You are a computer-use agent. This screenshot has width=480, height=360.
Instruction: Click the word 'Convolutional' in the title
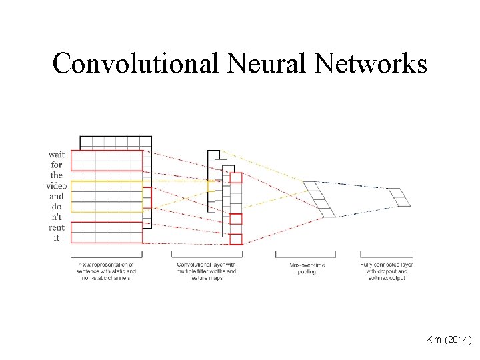pos(135,63)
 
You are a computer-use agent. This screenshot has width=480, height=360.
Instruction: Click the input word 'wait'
pos(57,155)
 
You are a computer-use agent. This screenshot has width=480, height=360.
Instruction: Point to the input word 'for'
pos(57,165)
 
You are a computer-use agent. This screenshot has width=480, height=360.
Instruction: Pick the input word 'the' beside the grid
pos(57,175)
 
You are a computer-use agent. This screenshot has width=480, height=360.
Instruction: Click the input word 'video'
pos(57,186)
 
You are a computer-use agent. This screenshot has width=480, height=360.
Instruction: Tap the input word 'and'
pos(57,196)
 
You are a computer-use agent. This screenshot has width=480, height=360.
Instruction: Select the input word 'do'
pos(57,207)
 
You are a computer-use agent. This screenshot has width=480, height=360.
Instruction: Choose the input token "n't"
pos(57,217)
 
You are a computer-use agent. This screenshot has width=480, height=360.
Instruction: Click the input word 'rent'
pos(57,227)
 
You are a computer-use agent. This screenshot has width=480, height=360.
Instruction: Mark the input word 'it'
pos(57,238)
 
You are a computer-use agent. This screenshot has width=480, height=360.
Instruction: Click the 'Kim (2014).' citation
pos(449,340)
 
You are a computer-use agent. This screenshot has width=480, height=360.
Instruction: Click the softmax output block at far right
pos(399,197)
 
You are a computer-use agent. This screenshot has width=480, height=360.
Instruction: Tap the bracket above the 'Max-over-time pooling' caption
pos(305,255)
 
